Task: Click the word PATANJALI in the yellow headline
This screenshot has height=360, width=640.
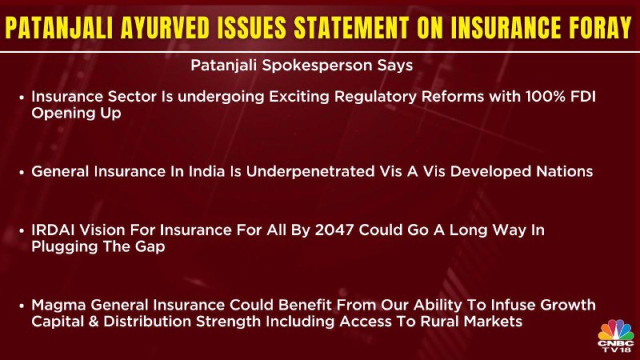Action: point(59,28)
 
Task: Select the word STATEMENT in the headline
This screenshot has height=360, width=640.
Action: point(351,28)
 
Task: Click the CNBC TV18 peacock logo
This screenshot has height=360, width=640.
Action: point(616,336)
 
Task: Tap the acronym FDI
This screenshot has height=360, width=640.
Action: point(581,97)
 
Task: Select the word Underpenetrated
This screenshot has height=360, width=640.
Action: point(310,171)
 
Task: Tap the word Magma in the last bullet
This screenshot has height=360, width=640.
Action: point(59,306)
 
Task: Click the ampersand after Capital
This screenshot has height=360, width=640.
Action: point(94,322)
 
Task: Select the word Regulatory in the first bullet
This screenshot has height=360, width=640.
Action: point(375,98)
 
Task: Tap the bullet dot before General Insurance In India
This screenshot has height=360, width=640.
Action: point(22,172)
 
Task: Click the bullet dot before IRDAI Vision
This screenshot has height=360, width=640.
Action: point(22,231)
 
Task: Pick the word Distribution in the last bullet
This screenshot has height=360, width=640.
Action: point(148,322)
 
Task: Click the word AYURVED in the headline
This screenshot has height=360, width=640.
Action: point(166,28)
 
